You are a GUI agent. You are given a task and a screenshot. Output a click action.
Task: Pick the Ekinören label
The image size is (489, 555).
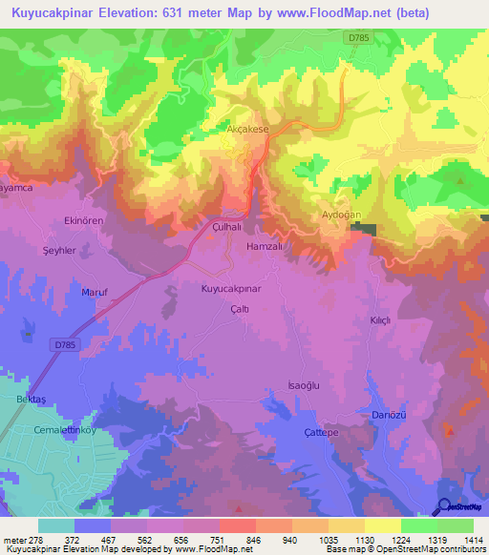pos(83,219)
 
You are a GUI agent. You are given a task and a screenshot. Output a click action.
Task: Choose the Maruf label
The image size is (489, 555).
pos(93,292)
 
